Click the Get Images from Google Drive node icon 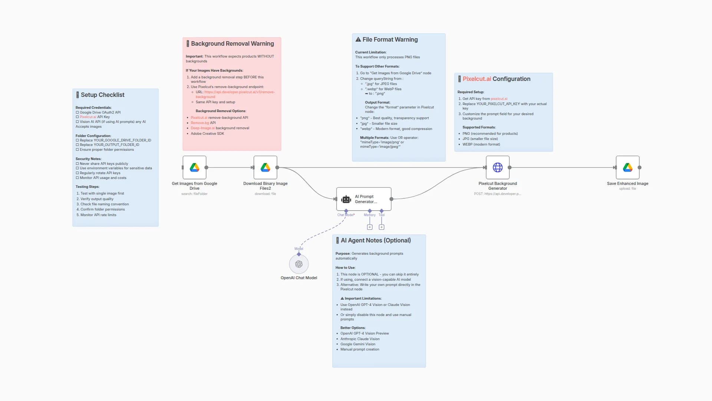(194, 167)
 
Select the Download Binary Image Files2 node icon (265, 167)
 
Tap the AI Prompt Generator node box (364, 199)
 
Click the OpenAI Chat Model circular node (299, 264)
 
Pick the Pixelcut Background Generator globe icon (498, 167)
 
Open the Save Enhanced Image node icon (627, 167)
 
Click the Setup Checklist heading (102, 95)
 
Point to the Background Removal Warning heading (232, 44)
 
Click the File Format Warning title (390, 40)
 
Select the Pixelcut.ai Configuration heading (496, 79)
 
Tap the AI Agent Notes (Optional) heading (375, 241)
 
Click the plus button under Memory (370, 227)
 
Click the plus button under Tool (382, 227)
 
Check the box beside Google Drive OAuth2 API (78, 113)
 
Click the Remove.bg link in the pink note (200, 123)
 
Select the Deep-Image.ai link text (202, 128)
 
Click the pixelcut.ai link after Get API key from (499, 99)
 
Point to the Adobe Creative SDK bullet (207, 134)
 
